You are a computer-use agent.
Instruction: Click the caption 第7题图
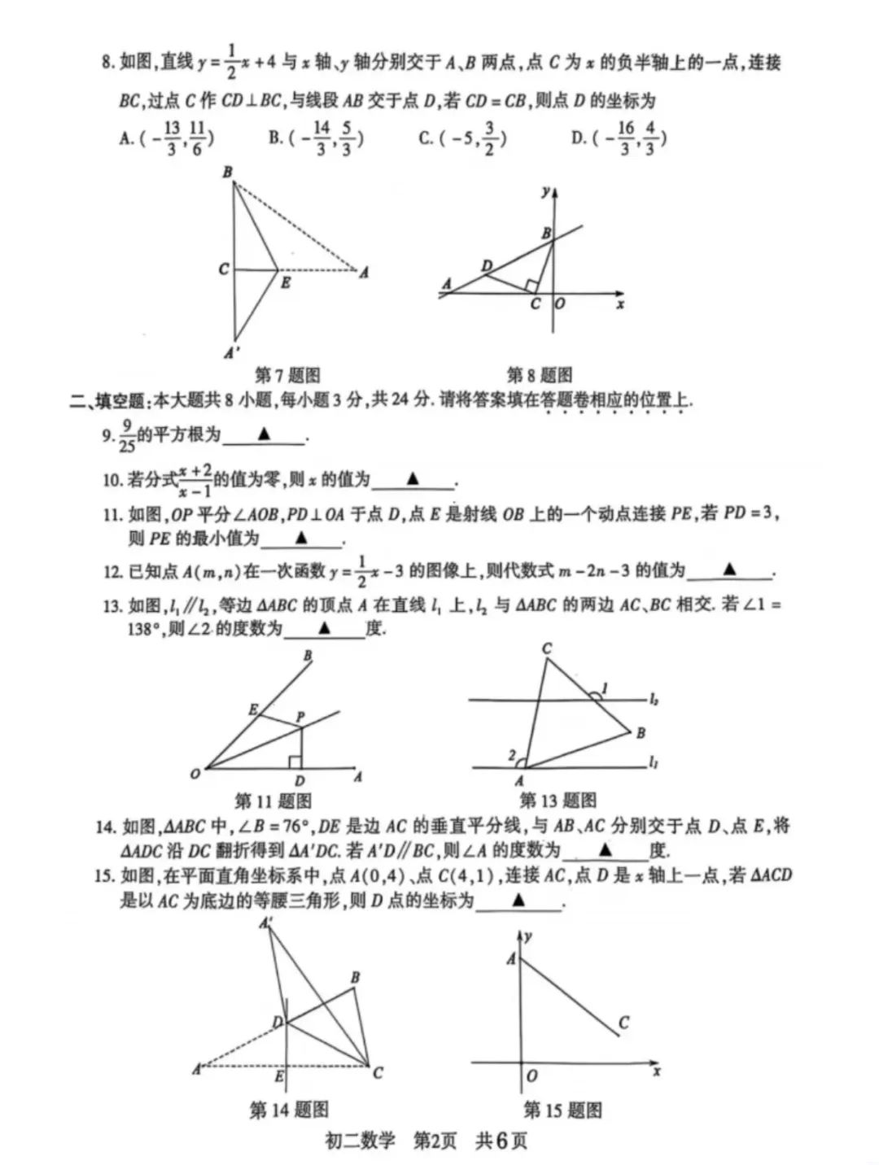click(x=287, y=375)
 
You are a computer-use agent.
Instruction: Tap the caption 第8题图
click(x=539, y=375)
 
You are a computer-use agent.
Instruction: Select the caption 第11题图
click(x=273, y=801)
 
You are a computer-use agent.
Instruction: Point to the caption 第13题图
click(x=558, y=801)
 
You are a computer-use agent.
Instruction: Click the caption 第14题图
click(x=289, y=1110)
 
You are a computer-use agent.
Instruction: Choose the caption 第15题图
click(x=562, y=1110)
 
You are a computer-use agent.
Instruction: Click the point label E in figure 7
click(x=286, y=283)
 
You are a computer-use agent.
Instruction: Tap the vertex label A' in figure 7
click(x=231, y=353)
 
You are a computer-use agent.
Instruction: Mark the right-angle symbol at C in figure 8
click(x=531, y=286)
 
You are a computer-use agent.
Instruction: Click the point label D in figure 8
click(x=487, y=266)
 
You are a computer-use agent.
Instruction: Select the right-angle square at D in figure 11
click(x=295, y=761)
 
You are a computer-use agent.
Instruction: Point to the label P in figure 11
click(x=300, y=717)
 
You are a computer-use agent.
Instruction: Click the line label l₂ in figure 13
click(x=654, y=699)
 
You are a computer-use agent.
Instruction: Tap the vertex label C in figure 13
click(x=547, y=648)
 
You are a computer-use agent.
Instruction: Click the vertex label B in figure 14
click(x=355, y=977)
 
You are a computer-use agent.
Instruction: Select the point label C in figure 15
click(x=623, y=1023)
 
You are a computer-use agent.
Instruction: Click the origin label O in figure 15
click(x=531, y=1076)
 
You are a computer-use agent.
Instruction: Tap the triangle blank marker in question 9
click(x=264, y=434)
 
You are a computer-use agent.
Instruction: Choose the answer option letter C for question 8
click(x=425, y=138)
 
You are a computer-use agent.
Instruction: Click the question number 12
click(x=112, y=572)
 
